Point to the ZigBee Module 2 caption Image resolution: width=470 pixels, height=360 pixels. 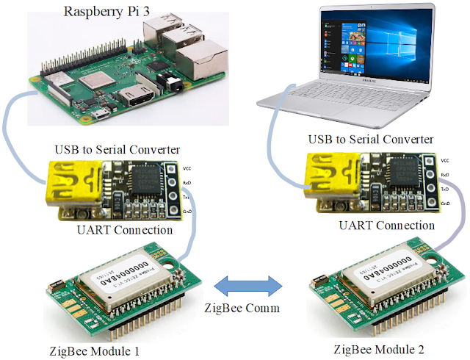point(378,348)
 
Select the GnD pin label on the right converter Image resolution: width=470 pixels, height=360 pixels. point(445,201)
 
